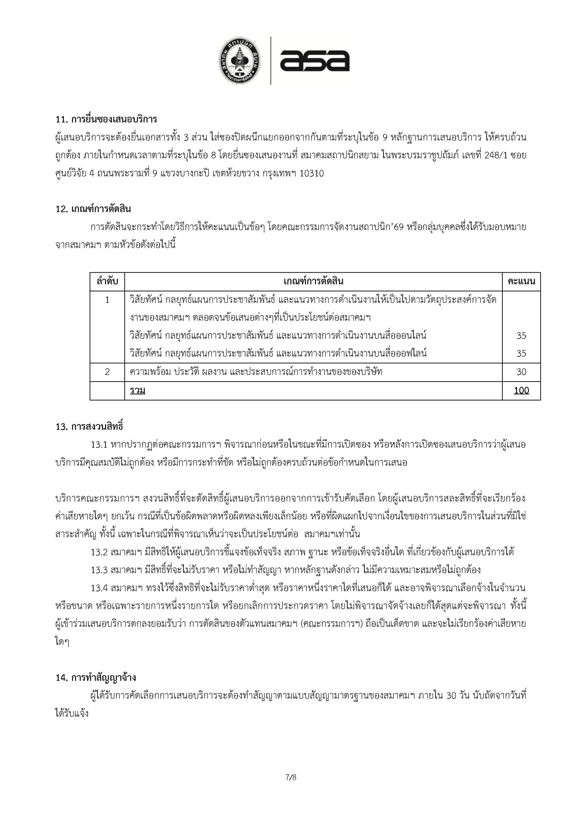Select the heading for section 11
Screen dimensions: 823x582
coord(106,119)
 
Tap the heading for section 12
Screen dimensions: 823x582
coord(93,209)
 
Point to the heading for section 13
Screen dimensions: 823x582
coord(90,427)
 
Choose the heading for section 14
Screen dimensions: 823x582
coord(96,678)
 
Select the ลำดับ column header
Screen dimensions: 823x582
coord(107,281)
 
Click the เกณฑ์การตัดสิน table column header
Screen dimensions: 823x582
coord(313,281)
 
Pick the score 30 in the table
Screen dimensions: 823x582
coord(521,372)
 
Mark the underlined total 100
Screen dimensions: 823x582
coord(521,391)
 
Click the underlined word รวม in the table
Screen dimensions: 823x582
coord(138,391)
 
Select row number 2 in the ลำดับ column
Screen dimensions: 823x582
coord(107,372)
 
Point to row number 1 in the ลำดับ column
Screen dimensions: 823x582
coord(107,300)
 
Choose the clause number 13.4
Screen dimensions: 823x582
coord(99,588)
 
